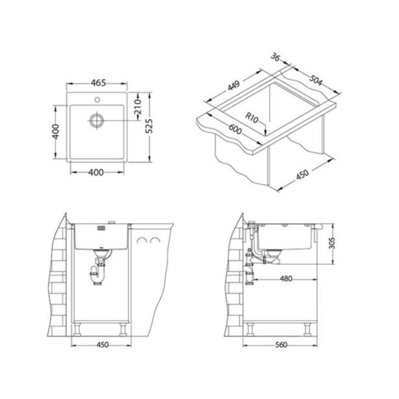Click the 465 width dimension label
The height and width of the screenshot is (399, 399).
click(x=96, y=84)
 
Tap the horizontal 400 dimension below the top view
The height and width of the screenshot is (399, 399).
click(x=96, y=173)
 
